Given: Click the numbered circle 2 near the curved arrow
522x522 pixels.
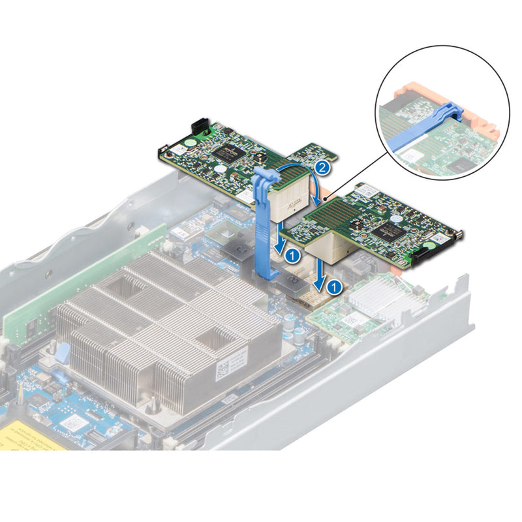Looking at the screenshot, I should (320, 168).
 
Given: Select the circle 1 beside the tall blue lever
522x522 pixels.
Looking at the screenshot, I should (293, 252).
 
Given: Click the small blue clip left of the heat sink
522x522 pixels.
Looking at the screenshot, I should (63, 353).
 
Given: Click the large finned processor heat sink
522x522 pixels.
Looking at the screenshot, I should (163, 326).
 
